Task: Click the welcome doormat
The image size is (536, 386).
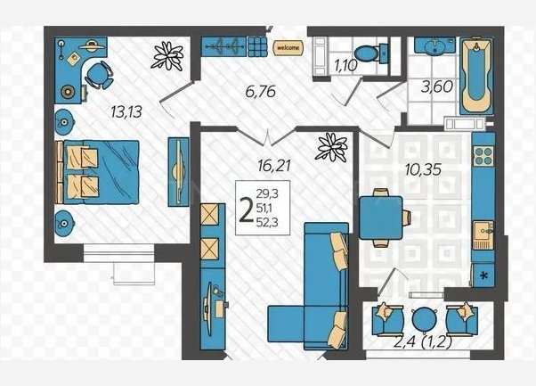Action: tap(288, 47)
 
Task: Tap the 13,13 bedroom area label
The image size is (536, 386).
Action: tap(126, 111)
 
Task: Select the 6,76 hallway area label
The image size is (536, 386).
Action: tap(261, 91)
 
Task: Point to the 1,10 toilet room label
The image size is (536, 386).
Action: tap(345, 65)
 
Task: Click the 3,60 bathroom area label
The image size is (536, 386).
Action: tap(437, 86)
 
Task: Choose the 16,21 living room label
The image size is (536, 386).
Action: tap(274, 166)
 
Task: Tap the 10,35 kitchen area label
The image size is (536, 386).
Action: tap(423, 169)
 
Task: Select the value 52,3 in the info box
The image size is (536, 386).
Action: tap(267, 223)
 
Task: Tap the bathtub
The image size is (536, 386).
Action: tap(476, 76)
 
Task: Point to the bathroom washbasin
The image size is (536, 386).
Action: tap(434, 45)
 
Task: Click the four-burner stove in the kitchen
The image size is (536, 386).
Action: tap(483, 156)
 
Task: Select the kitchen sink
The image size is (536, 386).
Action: tap(483, 234)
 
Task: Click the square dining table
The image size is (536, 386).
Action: tap(380, 218)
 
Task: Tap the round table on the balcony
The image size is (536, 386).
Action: tap(424, 320)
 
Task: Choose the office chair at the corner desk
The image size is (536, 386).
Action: tap(99, 75)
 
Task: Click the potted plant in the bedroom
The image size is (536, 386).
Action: tap(167, 56)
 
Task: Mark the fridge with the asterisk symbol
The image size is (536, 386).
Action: tap(483, 275)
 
